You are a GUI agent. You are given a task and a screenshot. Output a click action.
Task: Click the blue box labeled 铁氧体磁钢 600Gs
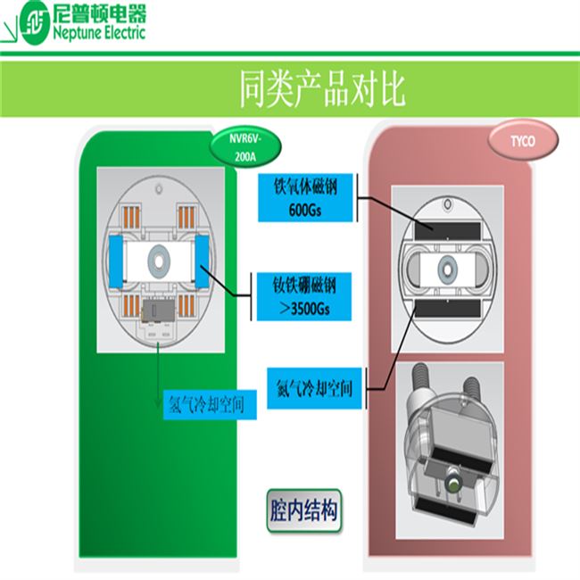click(x=305, y=196)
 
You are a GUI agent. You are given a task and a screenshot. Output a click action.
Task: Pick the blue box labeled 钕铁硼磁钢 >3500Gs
click(x=305, y=294)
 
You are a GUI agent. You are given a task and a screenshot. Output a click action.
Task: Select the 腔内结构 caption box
click(x=302, y=511)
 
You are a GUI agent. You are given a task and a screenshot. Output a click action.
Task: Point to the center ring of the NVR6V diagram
click(x=159, y=258)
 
